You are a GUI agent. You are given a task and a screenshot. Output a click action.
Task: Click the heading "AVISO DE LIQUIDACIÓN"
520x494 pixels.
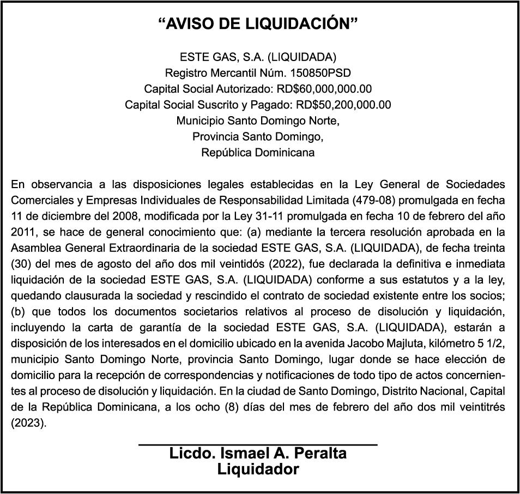pos(258,24)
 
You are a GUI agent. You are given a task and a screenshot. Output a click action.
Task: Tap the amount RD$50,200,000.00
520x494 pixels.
pos(343,105)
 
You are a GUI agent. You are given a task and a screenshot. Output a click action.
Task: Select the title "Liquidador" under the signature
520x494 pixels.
pos(258,469)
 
